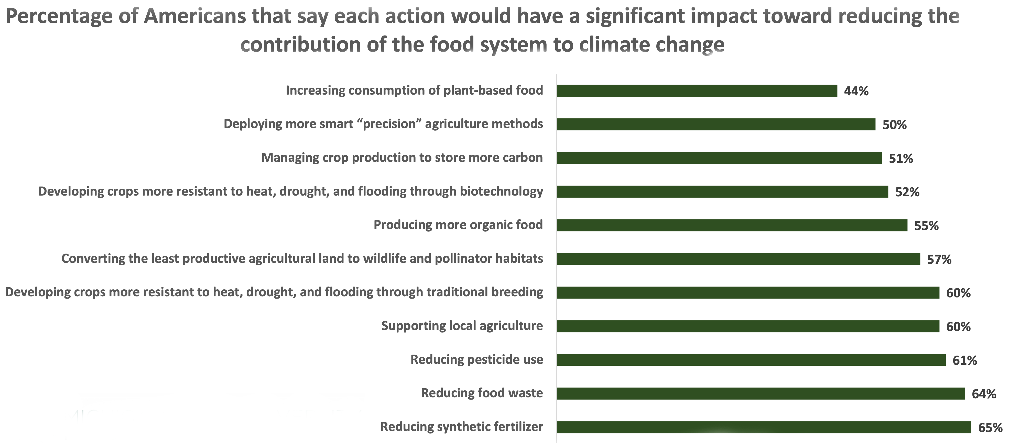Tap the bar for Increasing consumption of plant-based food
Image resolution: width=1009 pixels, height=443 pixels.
pyautogui.click(x=697, y=90)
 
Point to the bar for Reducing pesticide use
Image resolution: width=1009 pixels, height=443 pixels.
pyautogui.click(x=751, y=360)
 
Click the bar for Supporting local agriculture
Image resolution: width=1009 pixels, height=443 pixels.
pyautogui.click(x=748, y=326)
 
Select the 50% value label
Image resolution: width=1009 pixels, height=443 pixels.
pyautogui.click(x=894, y=125)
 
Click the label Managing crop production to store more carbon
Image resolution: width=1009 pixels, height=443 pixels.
pyautogui.click(x=402, y=158)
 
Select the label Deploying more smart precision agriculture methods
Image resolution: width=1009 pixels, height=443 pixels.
pyautogui.click(x=383, y=124)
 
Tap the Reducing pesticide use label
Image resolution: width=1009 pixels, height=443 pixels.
pyautogui.click(x=477, y=360)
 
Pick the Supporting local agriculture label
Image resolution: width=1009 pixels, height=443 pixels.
pyautogui.click(x=462, y=326)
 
